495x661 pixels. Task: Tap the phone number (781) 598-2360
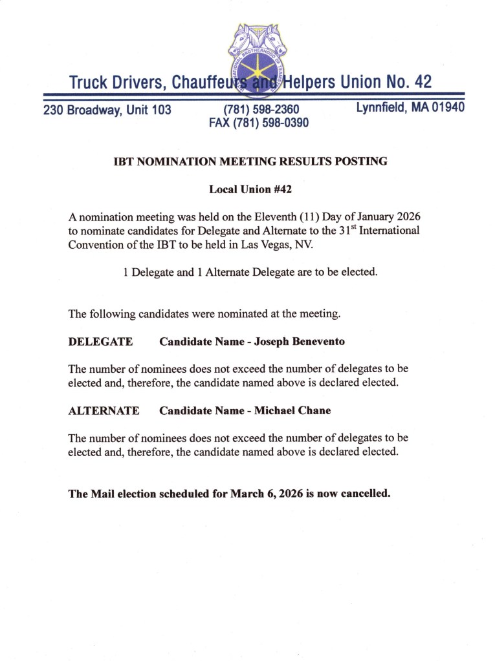[261, 110]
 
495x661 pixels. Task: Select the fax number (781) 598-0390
[259, 122]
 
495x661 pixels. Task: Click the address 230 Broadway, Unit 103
[107, 110]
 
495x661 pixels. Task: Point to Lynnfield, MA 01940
[410, 107]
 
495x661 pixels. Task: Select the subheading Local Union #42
[247, 190]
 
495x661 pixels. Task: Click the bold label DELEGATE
[100, 341]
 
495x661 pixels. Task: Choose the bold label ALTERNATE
[104, 410]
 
